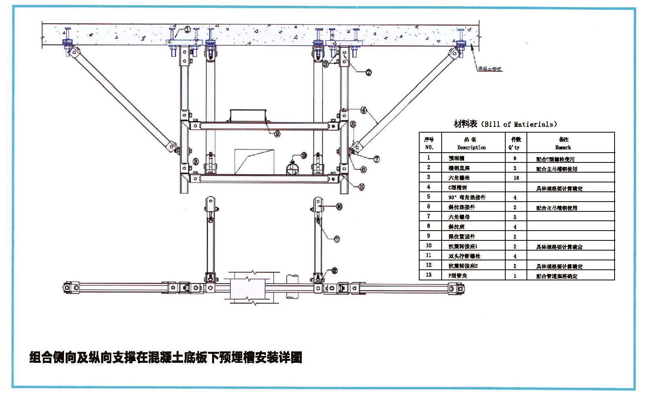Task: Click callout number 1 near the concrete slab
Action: point(187,29)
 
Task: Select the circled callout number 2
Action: point(369,73)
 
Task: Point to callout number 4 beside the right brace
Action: point(363,110)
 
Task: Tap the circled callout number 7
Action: point(376,159)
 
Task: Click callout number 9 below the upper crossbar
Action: point(277,134)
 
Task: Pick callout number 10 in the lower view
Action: point(339,207)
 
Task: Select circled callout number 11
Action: point(337,239)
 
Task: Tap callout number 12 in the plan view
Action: point(334,271)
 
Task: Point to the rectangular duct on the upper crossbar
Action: point(248,115)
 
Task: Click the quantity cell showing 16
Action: point(516,178)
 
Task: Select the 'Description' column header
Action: point(471,147)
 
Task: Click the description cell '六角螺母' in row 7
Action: point(459,217)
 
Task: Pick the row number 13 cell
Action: point(429,275)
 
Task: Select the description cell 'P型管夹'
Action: point(458,276)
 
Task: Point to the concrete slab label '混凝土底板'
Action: point(489,69)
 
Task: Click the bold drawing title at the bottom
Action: point(166,358)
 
